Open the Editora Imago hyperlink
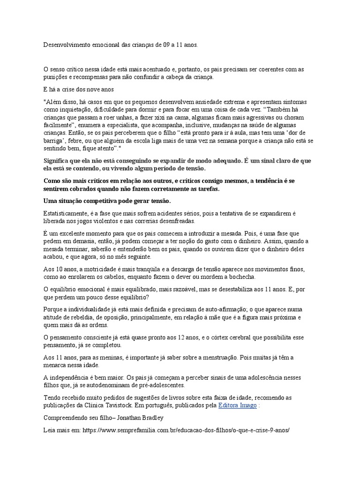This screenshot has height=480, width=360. (238, 405)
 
